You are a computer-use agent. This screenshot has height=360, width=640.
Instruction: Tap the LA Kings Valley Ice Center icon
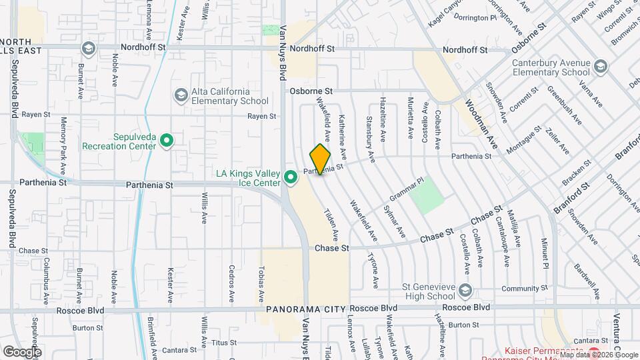(x=291, y=177)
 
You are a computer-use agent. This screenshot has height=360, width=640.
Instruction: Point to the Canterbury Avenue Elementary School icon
(x=601, y=67)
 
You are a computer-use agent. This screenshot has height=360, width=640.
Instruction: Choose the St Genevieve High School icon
(x=465, y=291)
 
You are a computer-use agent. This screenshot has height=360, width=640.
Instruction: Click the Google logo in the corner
(x=22, y=351)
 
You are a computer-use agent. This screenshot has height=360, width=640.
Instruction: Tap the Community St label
(x=520, y=288)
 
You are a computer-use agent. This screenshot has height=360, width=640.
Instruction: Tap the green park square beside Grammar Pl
(x=427, y=195)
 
